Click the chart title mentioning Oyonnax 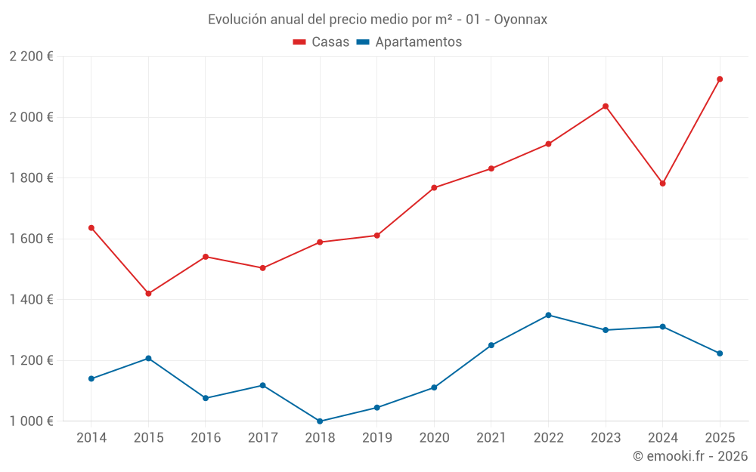click(377, 20)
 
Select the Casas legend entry click(321, 42)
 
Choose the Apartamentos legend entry click(409, 42)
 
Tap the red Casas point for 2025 click(720, 79)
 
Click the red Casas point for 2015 click(148, 294)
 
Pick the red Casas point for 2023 click(606, 106)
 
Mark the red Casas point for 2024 click(663, 184)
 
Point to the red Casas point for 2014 click(91, 228)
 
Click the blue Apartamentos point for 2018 click(320, 421)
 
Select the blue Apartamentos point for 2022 click(549, 315)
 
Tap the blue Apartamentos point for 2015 click(148, 358)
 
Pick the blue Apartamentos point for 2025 click(720, 353)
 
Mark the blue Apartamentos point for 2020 click(434, 387)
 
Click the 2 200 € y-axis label click(31, 57)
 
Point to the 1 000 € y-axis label click(31, 421)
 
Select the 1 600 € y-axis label click(31, 239)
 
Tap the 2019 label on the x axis click(377, 438)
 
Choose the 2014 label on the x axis click(91, 438)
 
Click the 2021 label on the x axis click(491, 438)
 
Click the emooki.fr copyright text click(689, 456)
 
